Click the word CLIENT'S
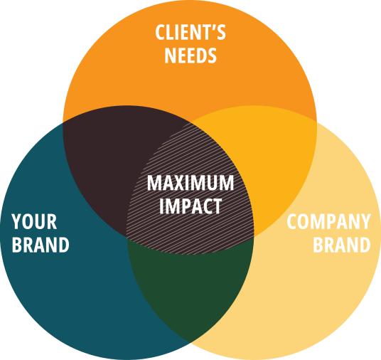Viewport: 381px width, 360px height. click(x=190, y=32)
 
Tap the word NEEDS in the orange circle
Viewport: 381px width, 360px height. click(x=190, y=55)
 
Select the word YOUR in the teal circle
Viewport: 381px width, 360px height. click(x=34, y=221)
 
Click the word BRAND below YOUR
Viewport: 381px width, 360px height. click(x=41, y=245)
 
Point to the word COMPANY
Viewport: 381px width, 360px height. click(x=329, y=221)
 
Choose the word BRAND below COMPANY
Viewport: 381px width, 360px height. click(x=342, y=245)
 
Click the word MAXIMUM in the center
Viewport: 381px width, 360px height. click(x=190, y=182)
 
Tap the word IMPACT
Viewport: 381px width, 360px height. click(x=190, y=206)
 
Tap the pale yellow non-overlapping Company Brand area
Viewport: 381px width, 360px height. click(x=316, y=292)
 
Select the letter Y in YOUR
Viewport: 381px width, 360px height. click(x=16, y=221)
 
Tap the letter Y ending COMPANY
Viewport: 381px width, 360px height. click(x=365, y=221)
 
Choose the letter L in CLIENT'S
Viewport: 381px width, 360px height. click(x=171, y=32)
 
